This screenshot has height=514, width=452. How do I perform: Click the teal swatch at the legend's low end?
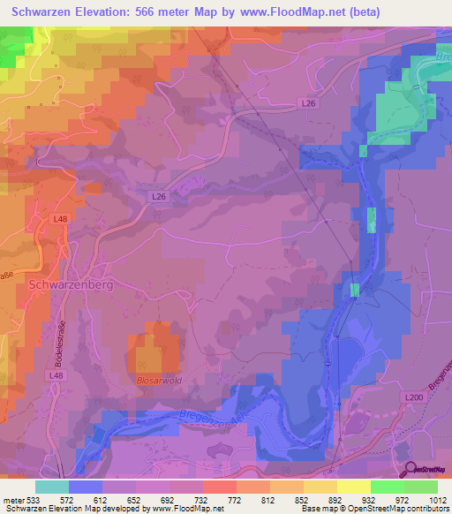pyautogui.click(x=52, y=486)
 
